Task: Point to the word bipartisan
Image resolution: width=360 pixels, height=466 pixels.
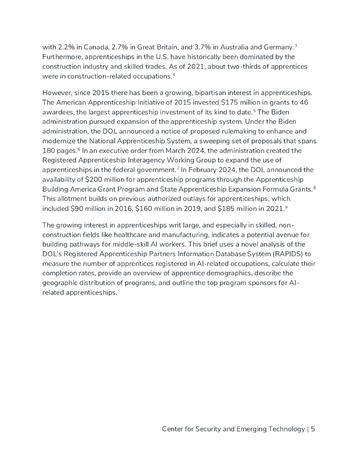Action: [x=194, y=93]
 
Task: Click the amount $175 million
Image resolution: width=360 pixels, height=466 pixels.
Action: [x=228, y=103]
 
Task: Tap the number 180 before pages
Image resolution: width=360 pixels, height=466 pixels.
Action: [x=49, y=151]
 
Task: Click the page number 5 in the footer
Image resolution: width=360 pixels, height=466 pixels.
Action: [x=313, y=429]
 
